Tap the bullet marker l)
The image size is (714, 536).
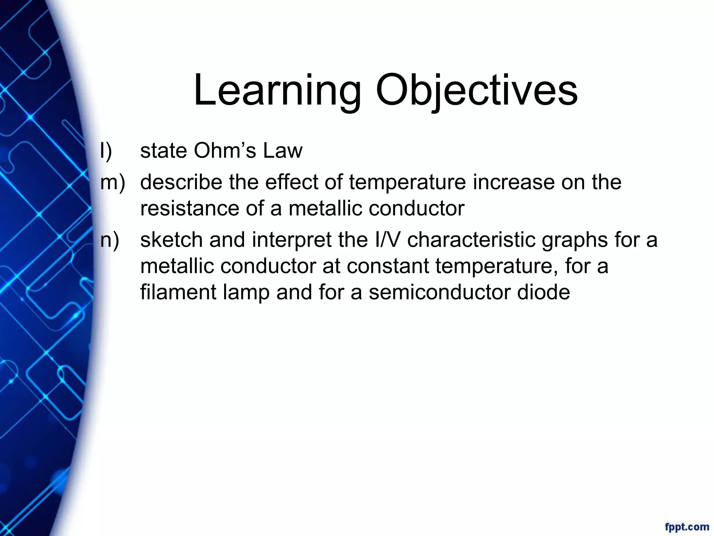[106, 151]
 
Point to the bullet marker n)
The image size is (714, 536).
[109, 240]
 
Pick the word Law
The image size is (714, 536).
[283, 151]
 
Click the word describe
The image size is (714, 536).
[181, 182]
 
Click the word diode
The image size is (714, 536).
[544, 292]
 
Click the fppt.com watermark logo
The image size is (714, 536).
[687, 526]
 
